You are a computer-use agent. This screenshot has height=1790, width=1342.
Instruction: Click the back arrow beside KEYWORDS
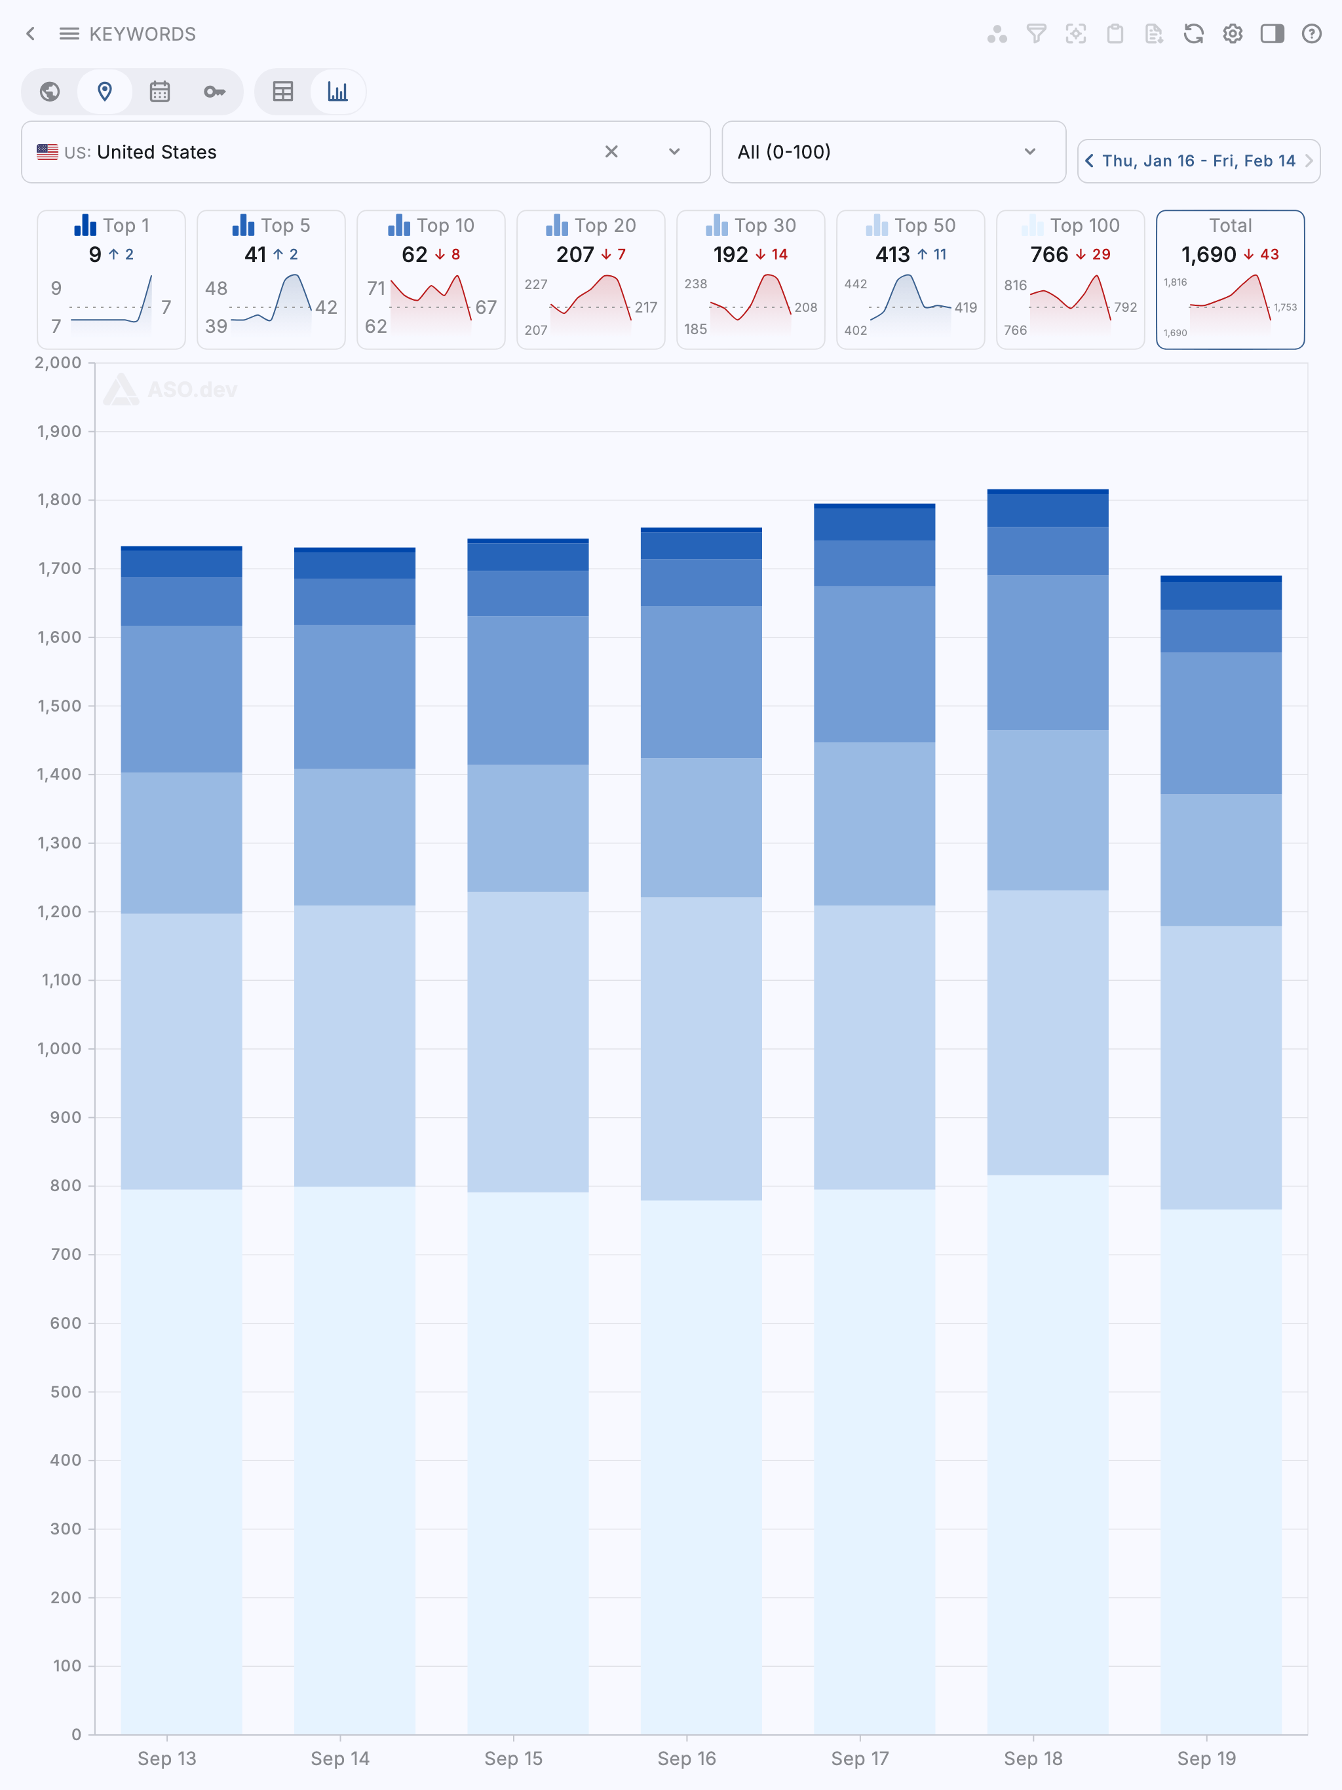point(31,33)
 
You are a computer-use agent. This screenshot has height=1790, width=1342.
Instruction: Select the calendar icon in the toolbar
point(159,92)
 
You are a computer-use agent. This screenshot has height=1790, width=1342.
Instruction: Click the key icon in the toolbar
point(214,92)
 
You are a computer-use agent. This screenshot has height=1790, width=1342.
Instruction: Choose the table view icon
point(282,92)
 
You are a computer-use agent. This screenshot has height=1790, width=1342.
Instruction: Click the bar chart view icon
point(337,92)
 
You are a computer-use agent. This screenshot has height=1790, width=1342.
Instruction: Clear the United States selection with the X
point(611,152)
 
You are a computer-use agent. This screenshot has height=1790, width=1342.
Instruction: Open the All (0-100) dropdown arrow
point(1029,152)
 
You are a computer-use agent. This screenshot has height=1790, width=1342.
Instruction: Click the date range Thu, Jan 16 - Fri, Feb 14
point(1198,161)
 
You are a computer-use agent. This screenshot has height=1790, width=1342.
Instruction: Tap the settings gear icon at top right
point(1232,33)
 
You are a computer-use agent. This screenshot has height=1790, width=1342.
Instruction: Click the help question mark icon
point(1311,33)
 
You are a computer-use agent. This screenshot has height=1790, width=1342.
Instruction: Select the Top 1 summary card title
point(125,226)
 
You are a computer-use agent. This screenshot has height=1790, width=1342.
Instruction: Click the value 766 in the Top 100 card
point(1049,255)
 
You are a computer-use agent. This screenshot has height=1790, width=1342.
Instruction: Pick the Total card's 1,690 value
point(1208,255)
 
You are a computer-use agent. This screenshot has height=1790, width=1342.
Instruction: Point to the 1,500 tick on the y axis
point(59,706)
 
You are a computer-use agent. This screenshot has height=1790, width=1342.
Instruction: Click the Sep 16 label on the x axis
point(686,1759)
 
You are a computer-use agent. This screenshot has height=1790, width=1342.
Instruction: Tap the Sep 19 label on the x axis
point(1206,1759)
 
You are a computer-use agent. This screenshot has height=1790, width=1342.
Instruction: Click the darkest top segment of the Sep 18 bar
point(1047,491)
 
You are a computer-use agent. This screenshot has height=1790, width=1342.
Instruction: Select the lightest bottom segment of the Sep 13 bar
point(182,1457)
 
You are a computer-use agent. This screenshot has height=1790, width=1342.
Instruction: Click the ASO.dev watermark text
point(192,390)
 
